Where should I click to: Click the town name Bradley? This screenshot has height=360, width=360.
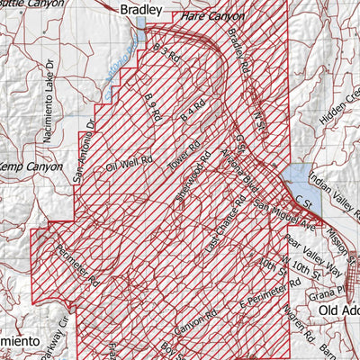click(141, 10)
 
